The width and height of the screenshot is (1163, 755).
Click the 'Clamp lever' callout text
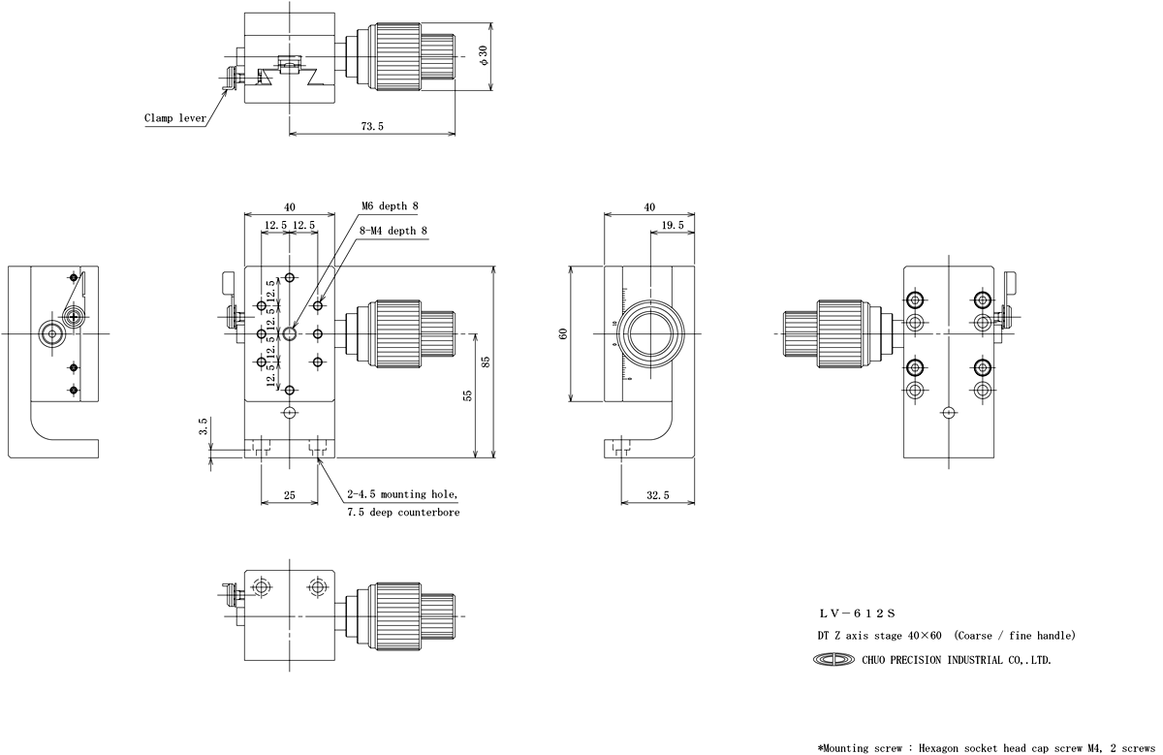click(x=175, y=118)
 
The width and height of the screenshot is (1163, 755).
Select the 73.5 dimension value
click(x=372, y=126)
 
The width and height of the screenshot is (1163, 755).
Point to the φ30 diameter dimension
click(x=483, y=56)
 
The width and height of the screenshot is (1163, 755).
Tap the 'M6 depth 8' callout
click(x=390, y=205)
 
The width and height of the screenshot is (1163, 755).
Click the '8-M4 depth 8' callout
click(x=394, y=231)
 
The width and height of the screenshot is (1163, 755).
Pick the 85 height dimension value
click(x=486, y=362)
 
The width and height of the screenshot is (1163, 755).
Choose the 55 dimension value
click(x=467, y=395)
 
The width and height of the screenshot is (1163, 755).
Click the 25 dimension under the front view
click(x=289, y=494)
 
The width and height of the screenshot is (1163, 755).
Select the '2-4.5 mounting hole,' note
click(x=402, y=493)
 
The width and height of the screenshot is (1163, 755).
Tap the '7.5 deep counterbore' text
click(x=403, y=512)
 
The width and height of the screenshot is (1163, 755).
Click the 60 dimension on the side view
click(x=563, y=332)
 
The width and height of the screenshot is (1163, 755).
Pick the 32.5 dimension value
click(x=657, y=494)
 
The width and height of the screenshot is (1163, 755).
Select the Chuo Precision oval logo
click(x=836, y=660)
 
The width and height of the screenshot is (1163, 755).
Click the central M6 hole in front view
click(x=290, y=334)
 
